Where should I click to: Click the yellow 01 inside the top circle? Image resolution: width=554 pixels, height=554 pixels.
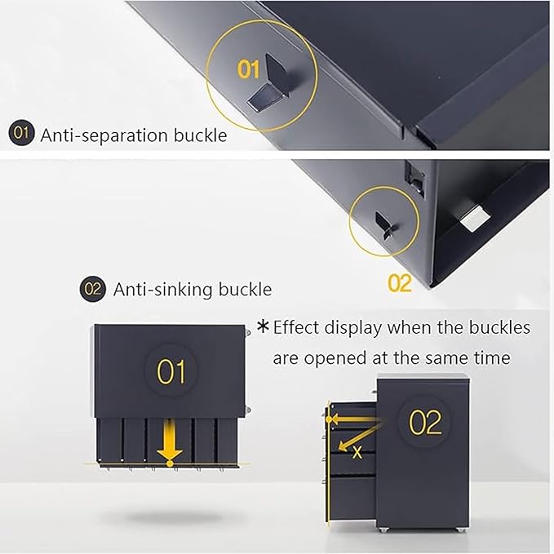249,69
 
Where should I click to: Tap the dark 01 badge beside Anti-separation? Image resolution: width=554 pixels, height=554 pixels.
21,133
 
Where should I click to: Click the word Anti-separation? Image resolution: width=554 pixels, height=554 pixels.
104,135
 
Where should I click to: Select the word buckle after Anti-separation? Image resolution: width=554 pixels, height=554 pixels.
201,135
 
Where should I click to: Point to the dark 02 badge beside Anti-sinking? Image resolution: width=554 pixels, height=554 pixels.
92,289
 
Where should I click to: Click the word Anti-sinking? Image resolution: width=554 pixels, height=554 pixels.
162,290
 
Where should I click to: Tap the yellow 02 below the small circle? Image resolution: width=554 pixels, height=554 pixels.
400,283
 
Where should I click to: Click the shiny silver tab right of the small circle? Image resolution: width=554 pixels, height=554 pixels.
476,219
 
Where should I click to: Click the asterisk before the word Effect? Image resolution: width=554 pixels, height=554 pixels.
264,326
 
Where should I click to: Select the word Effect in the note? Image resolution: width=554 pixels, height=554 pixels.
297,327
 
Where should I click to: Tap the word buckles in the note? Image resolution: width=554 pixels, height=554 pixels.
499,327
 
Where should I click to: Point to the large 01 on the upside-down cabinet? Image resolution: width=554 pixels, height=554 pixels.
171,371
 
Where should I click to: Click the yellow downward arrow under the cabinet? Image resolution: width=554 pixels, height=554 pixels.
170,441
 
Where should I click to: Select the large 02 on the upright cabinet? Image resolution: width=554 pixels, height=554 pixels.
426,422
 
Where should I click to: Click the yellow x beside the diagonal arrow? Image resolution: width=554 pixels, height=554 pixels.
357,452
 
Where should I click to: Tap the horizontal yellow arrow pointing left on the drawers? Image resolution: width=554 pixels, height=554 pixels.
354,419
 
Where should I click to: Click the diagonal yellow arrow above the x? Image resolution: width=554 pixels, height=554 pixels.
360,437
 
